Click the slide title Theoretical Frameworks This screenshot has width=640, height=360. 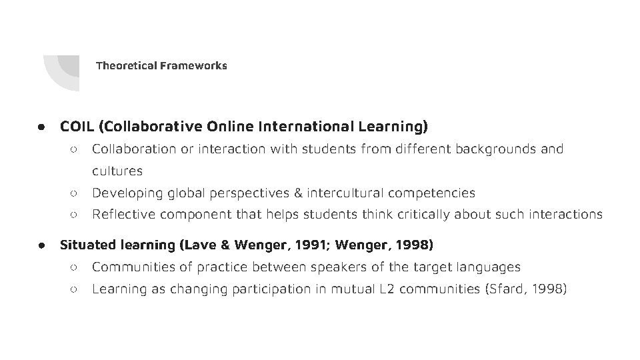tap(161, 65)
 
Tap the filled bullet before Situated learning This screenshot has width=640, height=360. tap(41, 245)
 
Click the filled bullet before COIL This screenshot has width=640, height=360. tap(41, 126)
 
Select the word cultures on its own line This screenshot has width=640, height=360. tap(117, 171)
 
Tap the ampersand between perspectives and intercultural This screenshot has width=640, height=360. tap(297, 193)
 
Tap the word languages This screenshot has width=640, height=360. tap(487, 267)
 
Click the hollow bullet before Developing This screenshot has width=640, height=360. tap(73, 193)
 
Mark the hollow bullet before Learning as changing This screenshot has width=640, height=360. tap(73, 289)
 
